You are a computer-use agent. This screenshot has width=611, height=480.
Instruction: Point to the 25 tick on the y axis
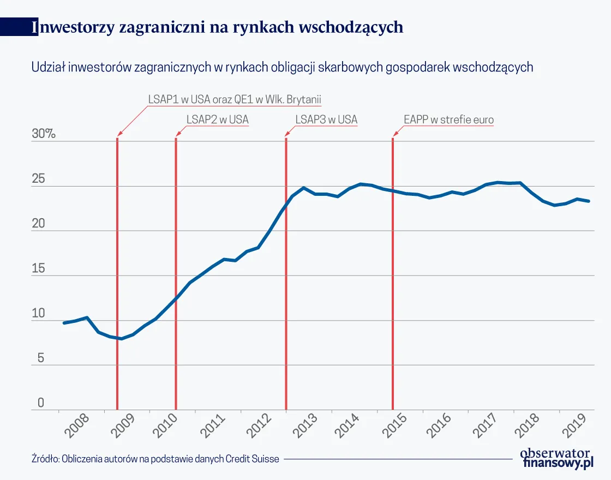[40, 179]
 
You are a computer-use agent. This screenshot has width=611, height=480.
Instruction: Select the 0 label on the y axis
[40, 403]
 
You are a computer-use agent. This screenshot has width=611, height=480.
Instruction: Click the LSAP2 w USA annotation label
[217, 119]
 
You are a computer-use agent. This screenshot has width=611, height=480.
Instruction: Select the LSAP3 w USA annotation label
[326, 119]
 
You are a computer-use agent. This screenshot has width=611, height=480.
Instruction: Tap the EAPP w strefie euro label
[448, 119]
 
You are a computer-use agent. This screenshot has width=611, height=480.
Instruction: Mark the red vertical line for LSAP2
[176, 273]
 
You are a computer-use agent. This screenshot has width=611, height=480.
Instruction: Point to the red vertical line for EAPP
[393, 273]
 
